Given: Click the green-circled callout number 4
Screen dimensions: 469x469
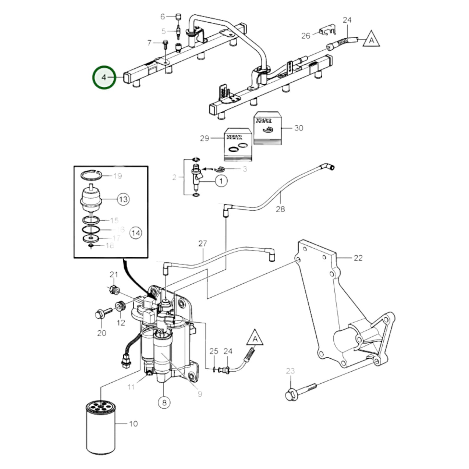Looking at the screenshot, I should coord(104,77).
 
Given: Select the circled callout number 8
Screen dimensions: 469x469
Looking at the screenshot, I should coord(164,402).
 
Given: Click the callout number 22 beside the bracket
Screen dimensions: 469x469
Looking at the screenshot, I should coord(358,258).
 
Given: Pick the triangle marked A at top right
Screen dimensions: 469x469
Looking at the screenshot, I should coord(371,40).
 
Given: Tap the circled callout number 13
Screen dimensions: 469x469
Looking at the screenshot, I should coord(123,199).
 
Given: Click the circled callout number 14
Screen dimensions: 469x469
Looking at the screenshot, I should coord(136,233).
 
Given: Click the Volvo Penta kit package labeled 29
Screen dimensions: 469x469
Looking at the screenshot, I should coord(238,144).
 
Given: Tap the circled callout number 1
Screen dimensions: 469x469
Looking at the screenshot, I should coord(221,180).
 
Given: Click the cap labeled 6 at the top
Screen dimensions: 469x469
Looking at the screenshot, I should coord(178,16).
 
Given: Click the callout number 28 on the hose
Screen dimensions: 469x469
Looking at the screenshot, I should coord(280,209).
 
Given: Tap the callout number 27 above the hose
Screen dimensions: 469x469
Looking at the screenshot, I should coord(203,243).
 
